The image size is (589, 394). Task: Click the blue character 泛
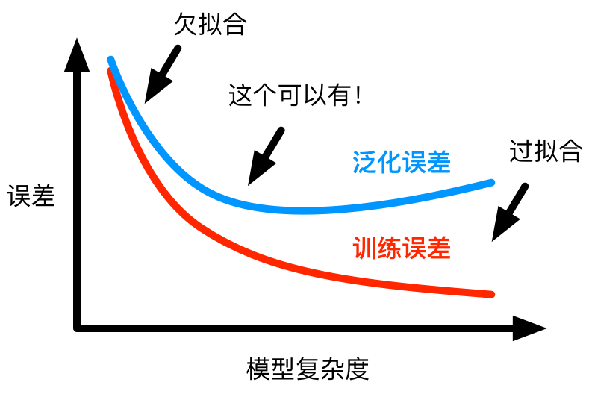pos(364,162)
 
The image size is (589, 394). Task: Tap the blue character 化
pos(389,162)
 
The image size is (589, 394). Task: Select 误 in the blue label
pos(414,162)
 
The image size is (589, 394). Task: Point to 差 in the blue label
pos(438,162)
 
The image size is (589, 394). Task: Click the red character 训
pos(364,248)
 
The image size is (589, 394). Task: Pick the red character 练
pos(389,248)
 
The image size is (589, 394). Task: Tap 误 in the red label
pos(414,248)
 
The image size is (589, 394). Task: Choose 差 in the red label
pos(438,248)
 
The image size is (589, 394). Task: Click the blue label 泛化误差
pos(402,162)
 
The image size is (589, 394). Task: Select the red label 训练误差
pos(402,248)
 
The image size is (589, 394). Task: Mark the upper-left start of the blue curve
pos(110,59)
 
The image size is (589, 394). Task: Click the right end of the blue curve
pos(492,182)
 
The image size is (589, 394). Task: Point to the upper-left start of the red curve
pos(110,72)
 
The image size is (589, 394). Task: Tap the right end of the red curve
pos(491,294)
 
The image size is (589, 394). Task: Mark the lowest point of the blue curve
pos(306,210)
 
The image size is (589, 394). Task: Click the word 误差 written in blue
pos(426,162)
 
